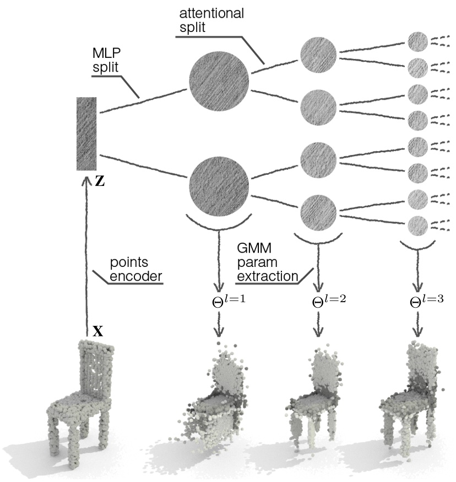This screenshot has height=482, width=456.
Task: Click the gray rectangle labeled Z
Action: tap(87, 133)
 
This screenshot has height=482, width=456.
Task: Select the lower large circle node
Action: tap(219, 183)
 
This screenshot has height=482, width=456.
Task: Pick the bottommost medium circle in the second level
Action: tap(318, 210)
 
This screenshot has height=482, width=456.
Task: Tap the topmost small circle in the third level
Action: tap(417, 41)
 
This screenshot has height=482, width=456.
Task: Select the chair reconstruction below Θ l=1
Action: tap(218, 403)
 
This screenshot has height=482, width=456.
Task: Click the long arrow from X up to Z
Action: tap(86, 254)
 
